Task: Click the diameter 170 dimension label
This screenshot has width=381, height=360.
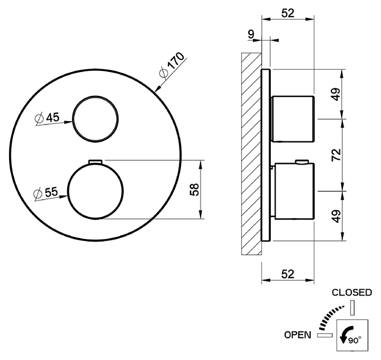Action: pos(172,65)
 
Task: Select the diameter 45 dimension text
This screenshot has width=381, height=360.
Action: pos(47,118)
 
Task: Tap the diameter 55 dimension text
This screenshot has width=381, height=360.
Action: pos(46,193)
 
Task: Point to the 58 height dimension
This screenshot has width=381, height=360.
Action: pos(195,190)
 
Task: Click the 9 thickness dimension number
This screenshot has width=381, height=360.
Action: pos(251,34)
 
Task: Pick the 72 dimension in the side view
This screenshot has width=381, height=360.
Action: pos(336,155)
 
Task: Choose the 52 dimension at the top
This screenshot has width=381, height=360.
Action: pos(288,13)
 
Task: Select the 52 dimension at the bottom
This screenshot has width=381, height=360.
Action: pos(288,274)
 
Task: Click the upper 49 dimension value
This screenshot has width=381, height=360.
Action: pos(336,94)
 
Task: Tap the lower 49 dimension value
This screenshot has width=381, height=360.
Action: pos(336,216)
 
